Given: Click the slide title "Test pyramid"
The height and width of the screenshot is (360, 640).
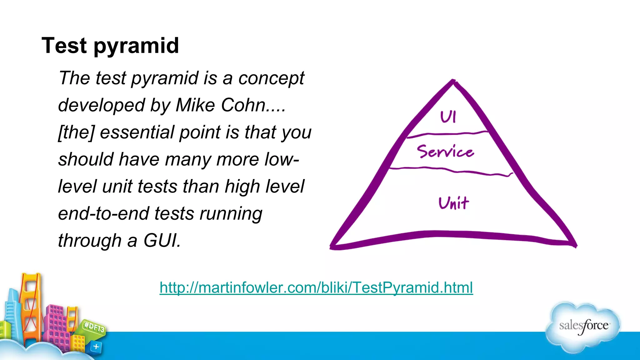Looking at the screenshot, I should point(110,46).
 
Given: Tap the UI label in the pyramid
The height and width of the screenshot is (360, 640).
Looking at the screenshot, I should point(448,117).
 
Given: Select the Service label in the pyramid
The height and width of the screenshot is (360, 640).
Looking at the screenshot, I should point(445,151).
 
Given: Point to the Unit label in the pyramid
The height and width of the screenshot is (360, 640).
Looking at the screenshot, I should point(454,203).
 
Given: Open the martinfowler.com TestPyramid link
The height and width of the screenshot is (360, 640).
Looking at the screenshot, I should point(316,287).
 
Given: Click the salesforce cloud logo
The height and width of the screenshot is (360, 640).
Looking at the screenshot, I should point(583,327).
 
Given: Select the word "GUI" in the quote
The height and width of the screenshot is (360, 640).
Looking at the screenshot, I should point(161,241).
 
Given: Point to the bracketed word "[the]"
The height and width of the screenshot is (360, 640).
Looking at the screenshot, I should point(76,132).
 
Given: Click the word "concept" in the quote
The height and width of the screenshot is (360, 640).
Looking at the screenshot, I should point(271,78).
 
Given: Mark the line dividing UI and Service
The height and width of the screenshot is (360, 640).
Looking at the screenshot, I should point(447,134).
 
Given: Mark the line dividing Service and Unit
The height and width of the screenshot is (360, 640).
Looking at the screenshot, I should point(450,170).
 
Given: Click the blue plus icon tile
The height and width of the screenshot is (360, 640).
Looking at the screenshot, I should point(96,347).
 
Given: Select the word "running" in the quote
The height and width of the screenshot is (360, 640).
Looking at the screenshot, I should point(231,214).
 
